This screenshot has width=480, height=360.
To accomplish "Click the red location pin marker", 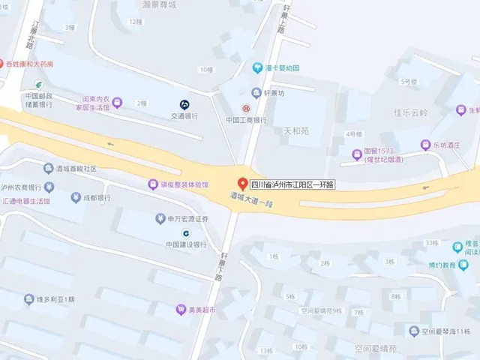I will point(242,182).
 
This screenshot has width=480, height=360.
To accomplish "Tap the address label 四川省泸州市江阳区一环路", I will point(292,184).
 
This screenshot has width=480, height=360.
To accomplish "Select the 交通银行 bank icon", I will point(184,104).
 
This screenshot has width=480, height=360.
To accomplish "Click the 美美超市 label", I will point(200,309).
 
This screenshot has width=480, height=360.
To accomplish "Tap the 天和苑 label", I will point(295,131).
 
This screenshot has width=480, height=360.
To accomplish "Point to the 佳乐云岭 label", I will point(409,113).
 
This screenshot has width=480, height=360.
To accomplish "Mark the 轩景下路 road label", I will point(219,266).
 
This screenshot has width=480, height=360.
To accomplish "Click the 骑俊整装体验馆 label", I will point(184,184).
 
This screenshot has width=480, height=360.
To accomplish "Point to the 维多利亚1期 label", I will point(56,299).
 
